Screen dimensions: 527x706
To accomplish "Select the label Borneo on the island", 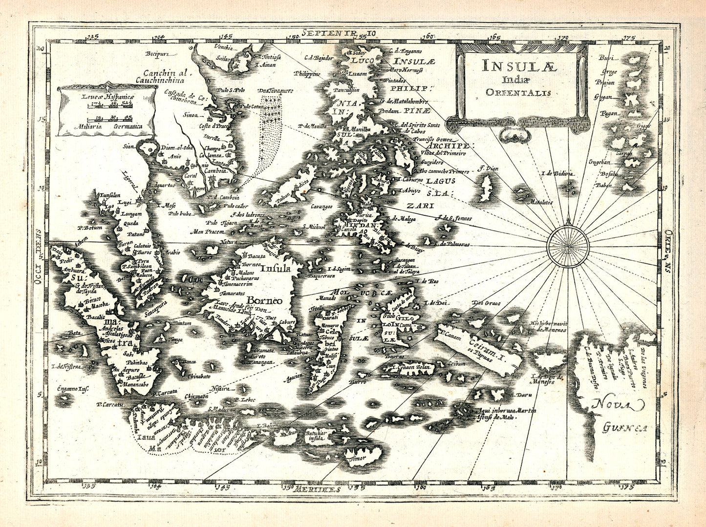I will [264, 300].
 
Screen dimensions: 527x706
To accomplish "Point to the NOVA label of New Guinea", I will [619, 405].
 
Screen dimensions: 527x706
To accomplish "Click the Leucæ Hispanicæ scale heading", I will [106, 97].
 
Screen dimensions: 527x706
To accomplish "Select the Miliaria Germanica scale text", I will [106, 126].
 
